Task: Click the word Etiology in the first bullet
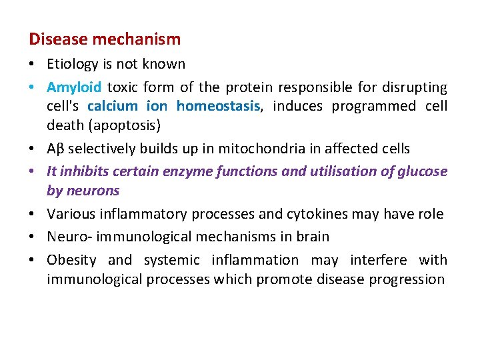(x=70, y=65)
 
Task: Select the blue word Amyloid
(x=74, y=87)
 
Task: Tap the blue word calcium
(x=113, y=106)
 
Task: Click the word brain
(x=313, y=237)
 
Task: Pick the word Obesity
(x=71, y=260)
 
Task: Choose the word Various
(x=71, y=213)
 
